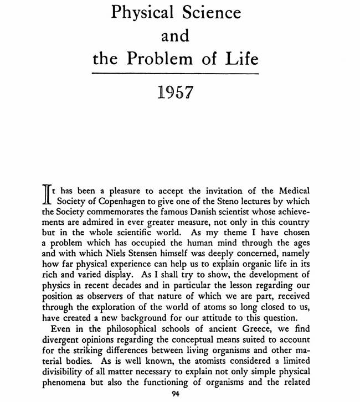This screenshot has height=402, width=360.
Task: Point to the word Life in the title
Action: [x=242, y=59]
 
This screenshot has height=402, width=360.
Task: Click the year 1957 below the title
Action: [x=176, y=91]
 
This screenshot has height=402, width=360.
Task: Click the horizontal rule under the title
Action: [x=176, y=74]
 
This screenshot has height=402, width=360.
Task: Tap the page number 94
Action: [x=176, y=394]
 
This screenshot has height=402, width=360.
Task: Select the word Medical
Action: [x=292, y=191]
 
